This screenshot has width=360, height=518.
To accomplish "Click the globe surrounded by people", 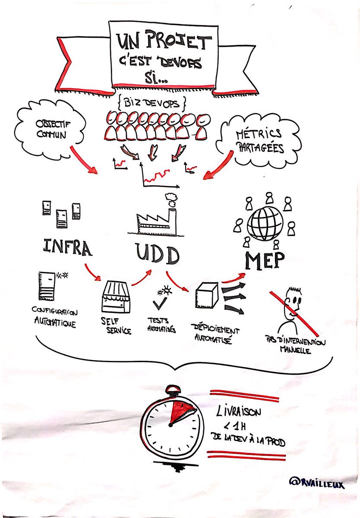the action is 265,223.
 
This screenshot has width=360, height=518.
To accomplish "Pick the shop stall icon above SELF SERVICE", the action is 116,297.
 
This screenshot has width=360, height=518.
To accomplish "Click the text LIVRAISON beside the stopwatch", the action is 239,412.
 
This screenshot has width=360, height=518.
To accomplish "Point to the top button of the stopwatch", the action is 173,389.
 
